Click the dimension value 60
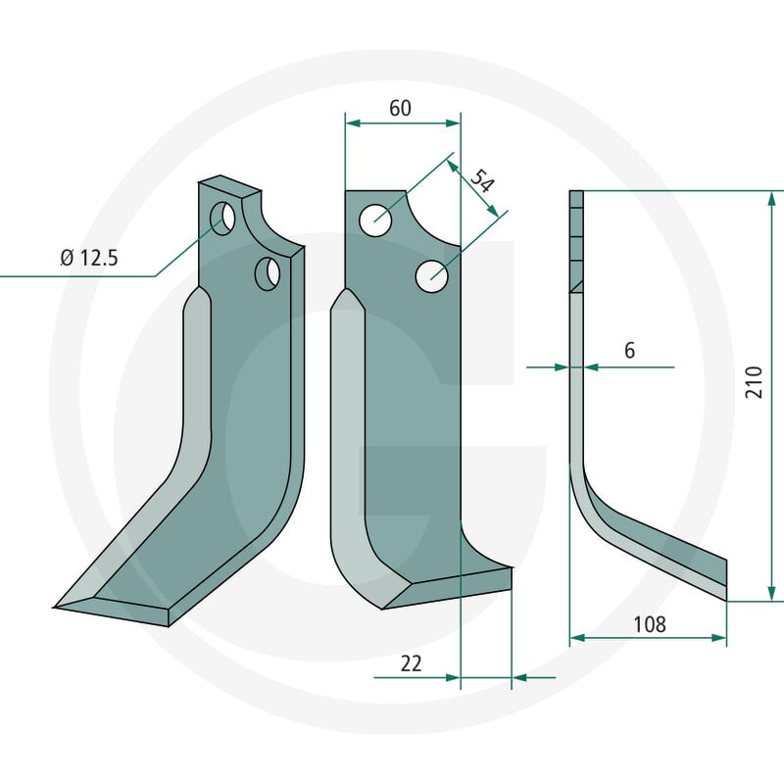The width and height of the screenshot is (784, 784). [x=400, y=108]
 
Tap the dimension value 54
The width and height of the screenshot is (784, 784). [x=482, y=181]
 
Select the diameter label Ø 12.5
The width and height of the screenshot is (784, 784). [x=89, y=258]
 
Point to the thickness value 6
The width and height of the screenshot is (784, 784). [x=629, y=351]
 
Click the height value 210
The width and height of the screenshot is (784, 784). [x=754, y=382]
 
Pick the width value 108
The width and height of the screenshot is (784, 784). [x=650, y=624]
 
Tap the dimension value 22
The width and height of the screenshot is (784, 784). [x=411, y=664]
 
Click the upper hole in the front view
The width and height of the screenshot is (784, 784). [x=375, y=220]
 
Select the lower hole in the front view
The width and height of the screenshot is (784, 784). [x=431, y=276]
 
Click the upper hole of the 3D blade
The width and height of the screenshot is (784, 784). [x=222, y=218]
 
